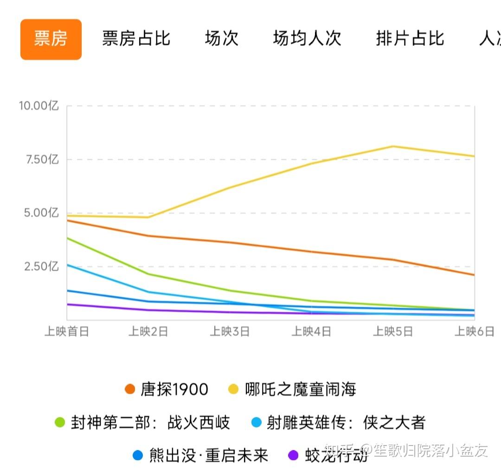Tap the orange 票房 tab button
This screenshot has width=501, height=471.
pyautogui.click(x=51, y=39)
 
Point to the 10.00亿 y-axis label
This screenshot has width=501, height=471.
pyautogui.click(x=39, y=106)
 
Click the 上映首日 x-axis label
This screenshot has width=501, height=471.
pyautogui.click(x=67, y=332)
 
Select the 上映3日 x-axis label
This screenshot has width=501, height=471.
pyautogui.click(x=230, y=332)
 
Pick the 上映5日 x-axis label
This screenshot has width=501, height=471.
pyautogui.click(x=393, y=332)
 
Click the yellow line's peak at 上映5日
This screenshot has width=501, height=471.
pyautogui.click(x=393, y=146)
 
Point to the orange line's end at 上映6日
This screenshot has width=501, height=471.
pyautogui.click(x=474, y=275)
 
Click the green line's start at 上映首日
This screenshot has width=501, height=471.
pyautogui.click(x=67, y=238)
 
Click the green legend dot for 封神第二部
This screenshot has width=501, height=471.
pyautogui.click(x=60, y=422)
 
